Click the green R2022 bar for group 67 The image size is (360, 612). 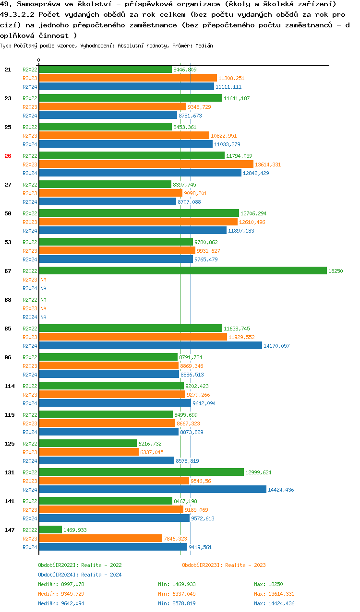click(182, 271)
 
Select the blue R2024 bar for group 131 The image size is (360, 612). click(153, 490)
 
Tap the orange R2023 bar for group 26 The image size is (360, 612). click(146, 165)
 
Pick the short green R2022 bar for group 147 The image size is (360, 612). click(50, 530)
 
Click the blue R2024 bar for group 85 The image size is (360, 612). click(150, 346)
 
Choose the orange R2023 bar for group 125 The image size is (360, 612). click(89, 452)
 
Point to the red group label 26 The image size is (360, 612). click(8, 156)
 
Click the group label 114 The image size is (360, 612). click(9, 386)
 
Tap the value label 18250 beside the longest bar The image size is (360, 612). click(336, 271)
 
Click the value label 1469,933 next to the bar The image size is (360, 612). click(75, 530)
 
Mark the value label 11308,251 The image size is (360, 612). click(231, 78)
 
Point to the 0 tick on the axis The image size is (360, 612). click(39, 60)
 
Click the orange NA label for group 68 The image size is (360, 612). click(43, 308)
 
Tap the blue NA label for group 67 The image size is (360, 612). click(43, 288)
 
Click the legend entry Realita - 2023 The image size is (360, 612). click(224, 565)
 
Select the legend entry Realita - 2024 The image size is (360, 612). click(80, 575)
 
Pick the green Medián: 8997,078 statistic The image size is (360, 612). click(61, 584)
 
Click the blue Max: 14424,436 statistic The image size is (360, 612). click(274, 603)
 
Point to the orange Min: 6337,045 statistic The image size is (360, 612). click(177, 594)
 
